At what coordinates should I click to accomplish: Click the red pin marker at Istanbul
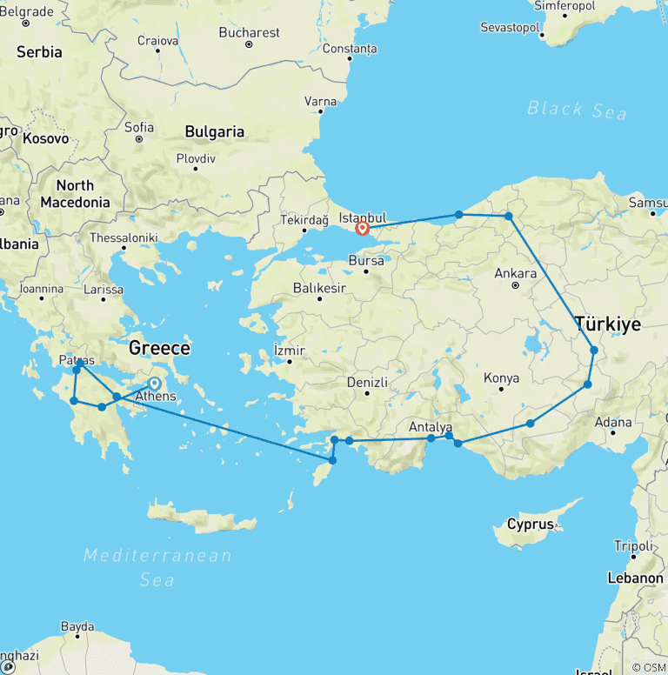[x=362, y=230]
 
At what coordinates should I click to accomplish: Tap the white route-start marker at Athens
[x=154, y=383]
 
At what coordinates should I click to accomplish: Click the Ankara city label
[x=515, y=273]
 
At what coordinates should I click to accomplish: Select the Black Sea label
[x=577, y=110]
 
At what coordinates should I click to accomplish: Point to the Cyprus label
[x=531, y=525]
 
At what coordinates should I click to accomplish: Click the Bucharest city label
[x=250, y=32]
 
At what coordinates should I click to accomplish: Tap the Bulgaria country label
[x=214, y=132]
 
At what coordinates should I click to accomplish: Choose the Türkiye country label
[x=608, y=324]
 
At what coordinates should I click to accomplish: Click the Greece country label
[x=159, y=348]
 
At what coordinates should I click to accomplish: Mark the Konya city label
[x=501, y=378]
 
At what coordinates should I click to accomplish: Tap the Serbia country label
[x=39, y=52]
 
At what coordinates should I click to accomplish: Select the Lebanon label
[x=636, y=578]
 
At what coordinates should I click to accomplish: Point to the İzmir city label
[x=290, y=351]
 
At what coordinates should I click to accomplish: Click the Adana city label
[x=613, y=423]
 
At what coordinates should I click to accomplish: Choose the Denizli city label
[x=366, y=383]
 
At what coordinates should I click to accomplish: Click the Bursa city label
[x=366, y=260]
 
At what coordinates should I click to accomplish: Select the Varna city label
[x=320, y=102]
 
